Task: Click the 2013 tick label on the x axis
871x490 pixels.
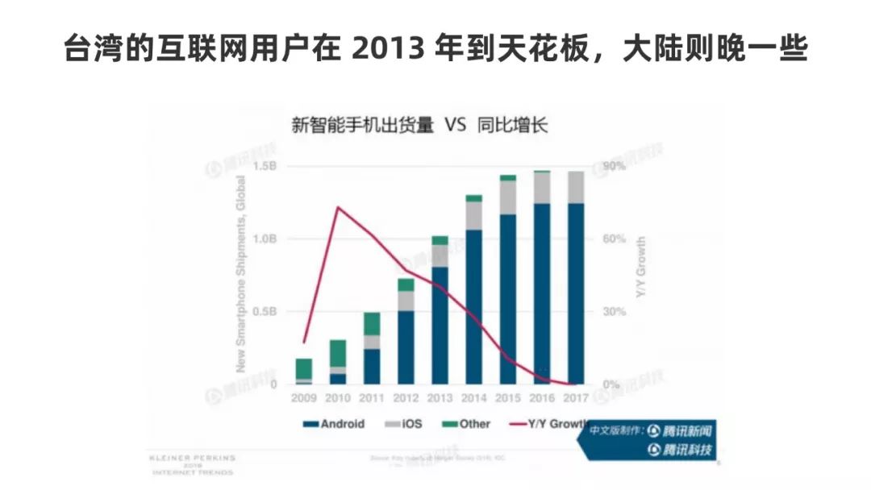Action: pyautogui.click(x=440, y=397)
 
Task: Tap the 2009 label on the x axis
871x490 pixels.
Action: pyautogui.click(x=304, y=397)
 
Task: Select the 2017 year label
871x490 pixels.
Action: pyautogui.click(x=576, y=397)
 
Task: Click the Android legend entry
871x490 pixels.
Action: pyautogui.click(x=333, y=424)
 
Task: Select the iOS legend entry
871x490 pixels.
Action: pyautogui.click(x=402, y=424)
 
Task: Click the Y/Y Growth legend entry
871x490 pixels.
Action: pyautogui.click(x=552, y=424)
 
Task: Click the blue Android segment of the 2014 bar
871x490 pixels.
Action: pyautogui.click(x=474, y=306)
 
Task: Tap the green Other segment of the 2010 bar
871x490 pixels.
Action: pyautogui.click(x=338, y=353)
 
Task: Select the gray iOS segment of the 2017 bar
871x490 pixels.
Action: pyautogui.click(x=576, y=187)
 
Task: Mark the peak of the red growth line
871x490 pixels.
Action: pyautogui.click(x=338, y=207)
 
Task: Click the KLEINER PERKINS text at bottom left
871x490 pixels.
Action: pyautogui.click(x=191, y=457)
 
